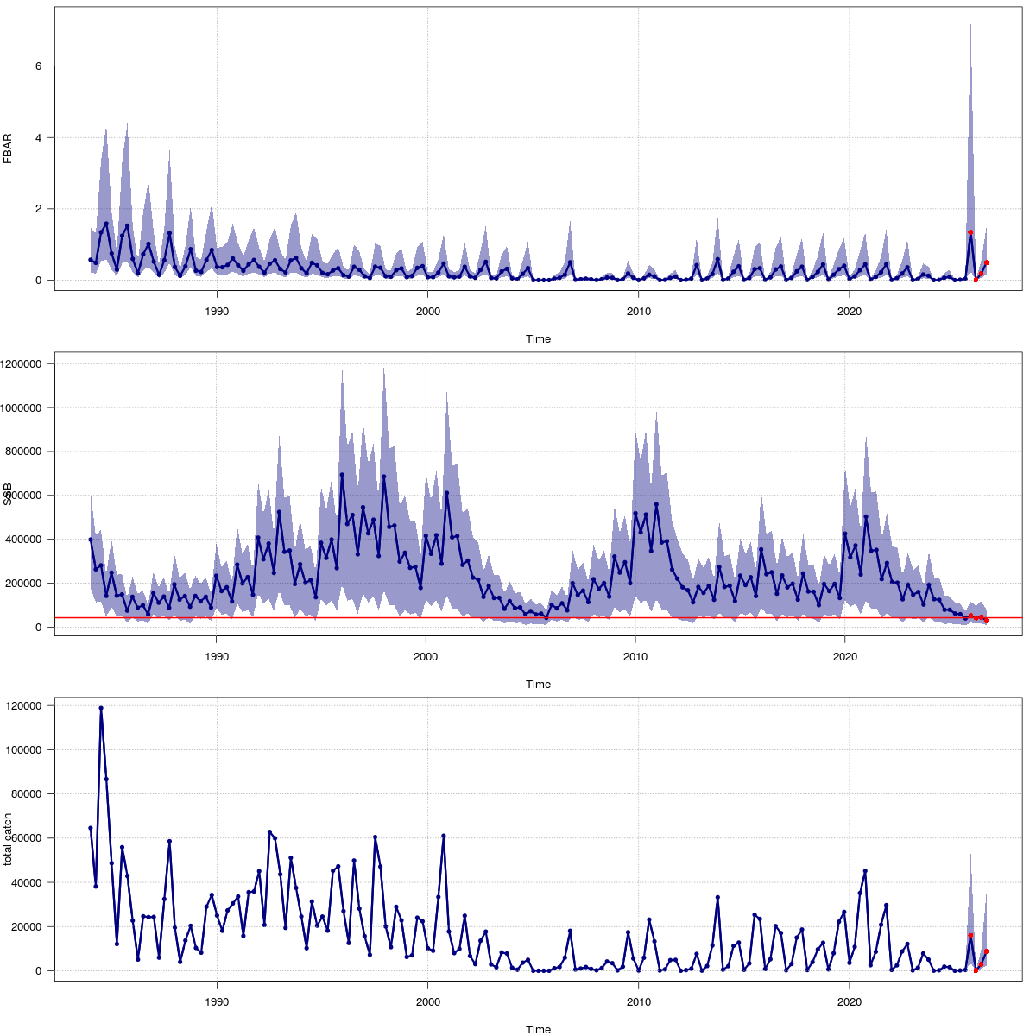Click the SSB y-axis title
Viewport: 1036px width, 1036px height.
click(x=8, y=495)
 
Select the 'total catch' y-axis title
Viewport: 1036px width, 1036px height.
click(x=8, y=839)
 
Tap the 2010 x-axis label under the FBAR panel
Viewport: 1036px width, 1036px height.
click(x=638, y=311)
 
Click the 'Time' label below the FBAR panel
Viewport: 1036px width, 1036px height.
click(x=538, y=339)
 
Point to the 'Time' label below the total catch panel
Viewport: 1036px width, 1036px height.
click(x=538, y=1029)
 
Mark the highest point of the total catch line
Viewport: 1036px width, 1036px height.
click(x=101, y=708)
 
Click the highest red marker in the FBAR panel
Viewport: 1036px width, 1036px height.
click(x=970, y=232)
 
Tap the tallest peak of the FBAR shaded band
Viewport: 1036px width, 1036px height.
click(x=970, y=25)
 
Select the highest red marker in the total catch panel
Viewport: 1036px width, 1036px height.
click(x=970, y=936)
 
